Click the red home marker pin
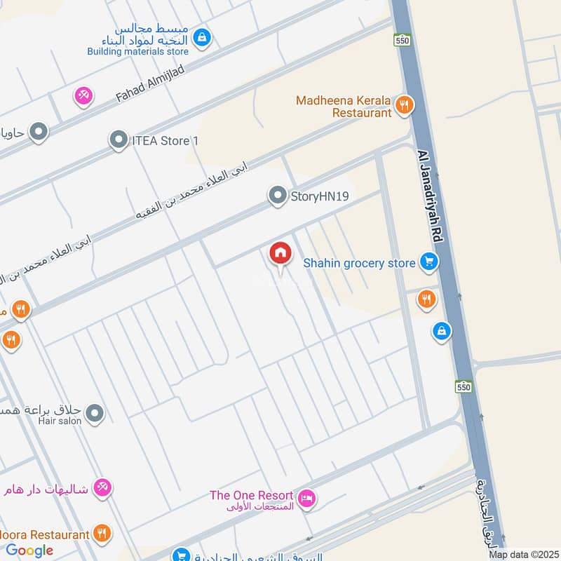[x=280, y=254]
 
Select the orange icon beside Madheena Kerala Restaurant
[x=404, y=106]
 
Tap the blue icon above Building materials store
[x=202, y=36]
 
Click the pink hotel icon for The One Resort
[x=306, y=499]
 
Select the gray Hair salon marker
[x=96, y=414]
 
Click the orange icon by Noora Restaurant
[x=102, y=534]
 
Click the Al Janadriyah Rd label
[x=428, y=196]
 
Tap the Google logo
[x=29, y=550]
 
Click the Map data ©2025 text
[x=522, y=554]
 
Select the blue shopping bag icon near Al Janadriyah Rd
[x=441, y=330]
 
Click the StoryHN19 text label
[x=320, y=197]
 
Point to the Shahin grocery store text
[x=359, y=263]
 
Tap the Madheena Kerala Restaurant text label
[x=344, y=106]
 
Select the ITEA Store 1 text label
[x=165, y=141]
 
